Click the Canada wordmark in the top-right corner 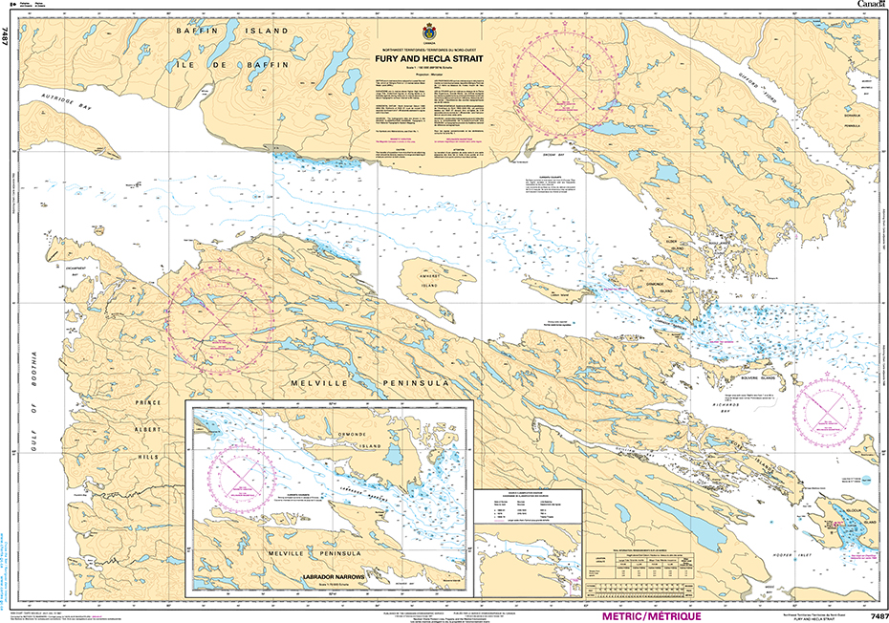pos(870,6)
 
